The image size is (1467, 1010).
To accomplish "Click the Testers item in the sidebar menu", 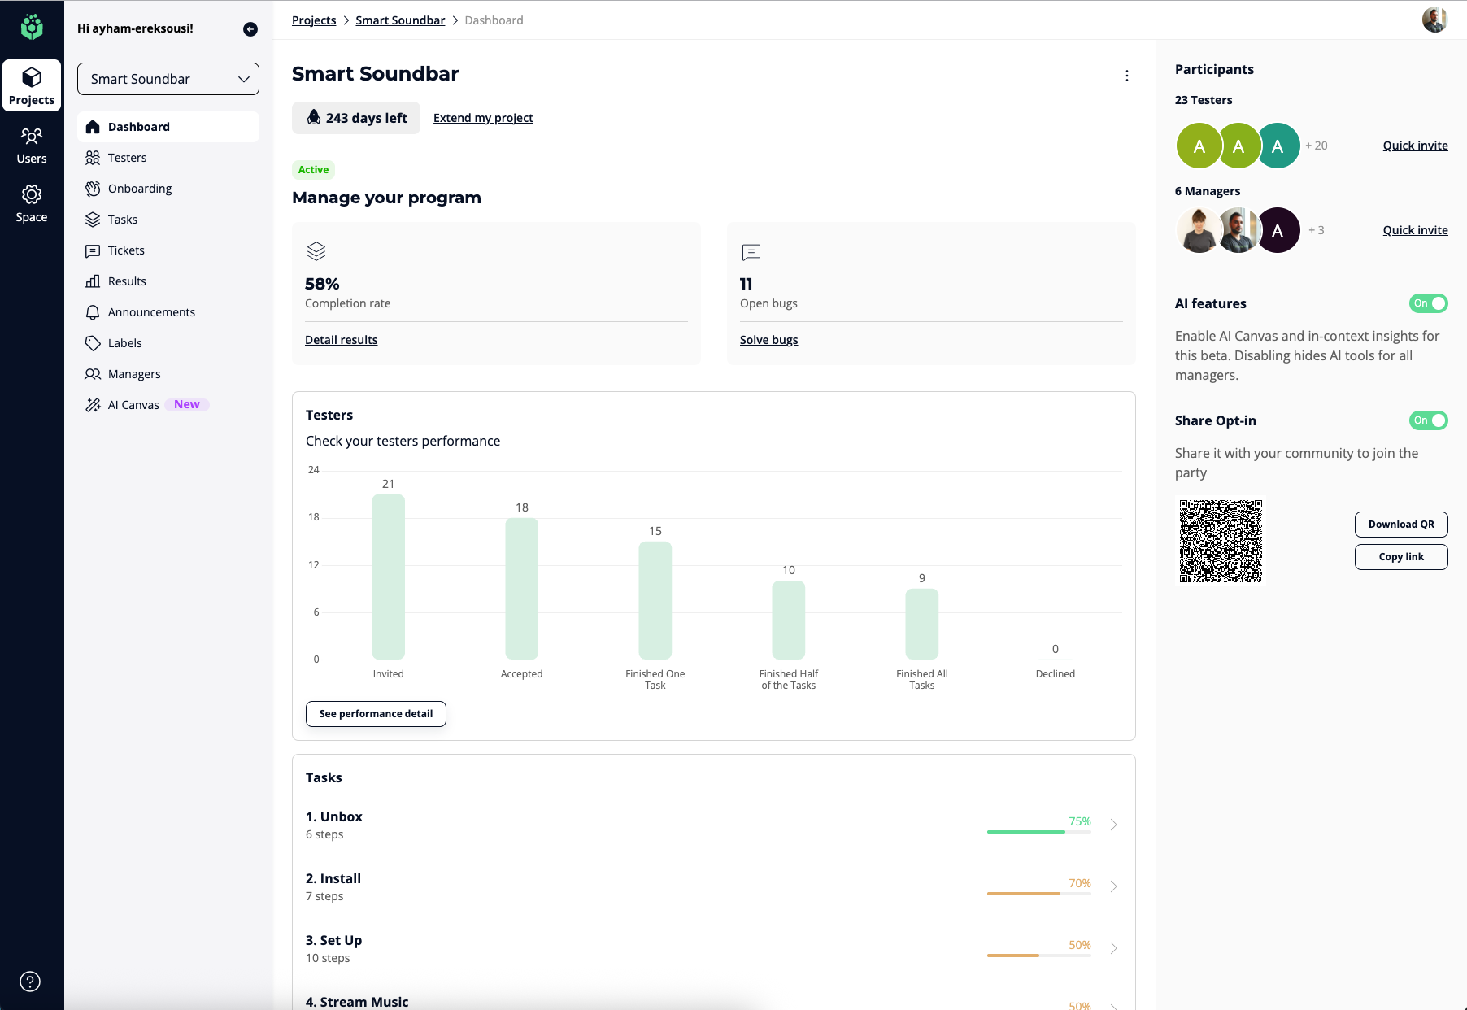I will tap(127, 158).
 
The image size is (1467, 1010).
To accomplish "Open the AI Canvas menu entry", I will tap(133, 405).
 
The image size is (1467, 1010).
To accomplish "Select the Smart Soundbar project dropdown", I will tap(168, 79).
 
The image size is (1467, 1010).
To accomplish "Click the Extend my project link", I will tap(483, 118).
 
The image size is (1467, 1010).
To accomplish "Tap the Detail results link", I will tap(341, 340).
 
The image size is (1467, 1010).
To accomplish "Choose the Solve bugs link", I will tap(768, 340).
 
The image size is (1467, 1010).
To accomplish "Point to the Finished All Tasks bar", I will tap(921, 624).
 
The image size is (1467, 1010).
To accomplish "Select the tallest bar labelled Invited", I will tap(388, 577).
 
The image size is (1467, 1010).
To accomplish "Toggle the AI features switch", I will tap(1428, 303).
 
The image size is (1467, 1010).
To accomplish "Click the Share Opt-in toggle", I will tap(1428, 420).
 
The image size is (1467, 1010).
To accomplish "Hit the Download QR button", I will tap(1400, 525).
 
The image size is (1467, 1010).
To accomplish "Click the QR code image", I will tap(1221, 541).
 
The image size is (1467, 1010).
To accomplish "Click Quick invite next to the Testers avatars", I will tap(1415, 146).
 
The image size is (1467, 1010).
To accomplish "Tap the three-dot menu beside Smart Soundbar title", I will tap(1126, 76).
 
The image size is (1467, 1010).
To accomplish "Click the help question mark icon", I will tap(30, 982).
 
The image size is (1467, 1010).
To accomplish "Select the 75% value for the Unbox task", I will tap(1079, 821).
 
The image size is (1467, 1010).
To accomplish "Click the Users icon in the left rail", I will tap(32, 145).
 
